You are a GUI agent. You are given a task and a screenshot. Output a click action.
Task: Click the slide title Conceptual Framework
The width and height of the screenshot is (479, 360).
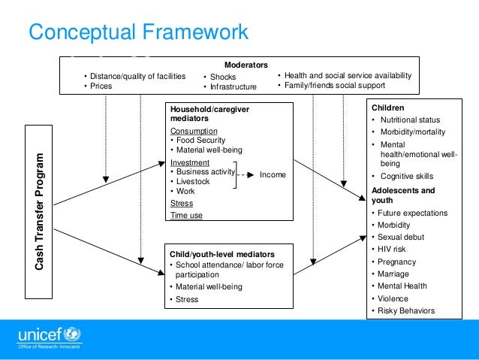coord(137,32)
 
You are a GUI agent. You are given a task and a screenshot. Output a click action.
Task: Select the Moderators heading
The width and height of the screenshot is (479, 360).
coord(246,65)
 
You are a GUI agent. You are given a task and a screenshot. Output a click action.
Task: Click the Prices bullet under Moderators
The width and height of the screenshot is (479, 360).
coord(101,86)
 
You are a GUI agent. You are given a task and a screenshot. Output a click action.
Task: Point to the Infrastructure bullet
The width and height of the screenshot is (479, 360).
coord(233,86)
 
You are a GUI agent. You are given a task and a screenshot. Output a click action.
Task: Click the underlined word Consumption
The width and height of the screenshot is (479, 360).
coord(194,131)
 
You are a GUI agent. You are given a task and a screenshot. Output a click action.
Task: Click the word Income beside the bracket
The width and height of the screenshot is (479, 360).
coord(273,174)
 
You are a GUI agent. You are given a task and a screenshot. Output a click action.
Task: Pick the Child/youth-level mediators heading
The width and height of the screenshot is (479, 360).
coord(217,254)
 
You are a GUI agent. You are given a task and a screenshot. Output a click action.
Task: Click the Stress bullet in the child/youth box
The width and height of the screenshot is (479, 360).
coord(188,299)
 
